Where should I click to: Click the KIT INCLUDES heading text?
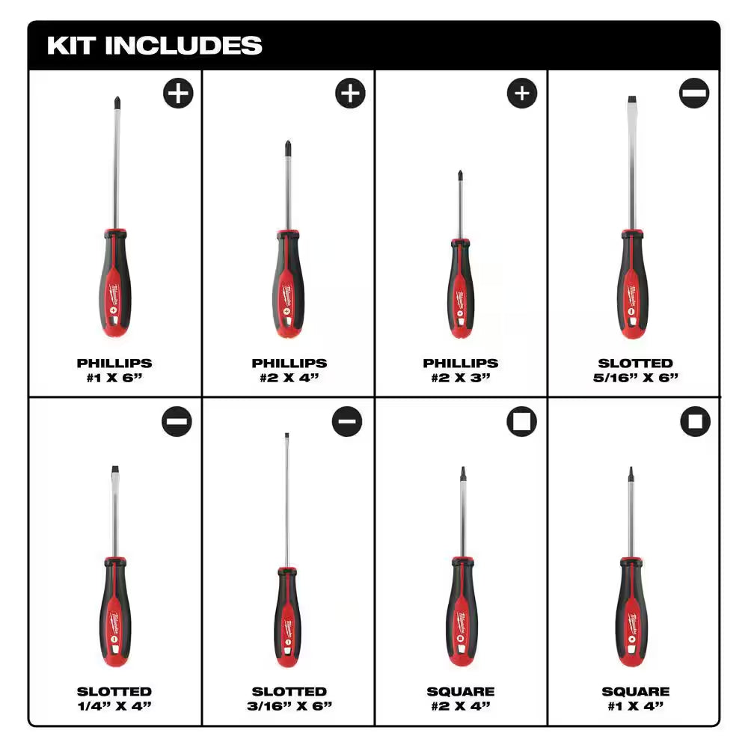155,46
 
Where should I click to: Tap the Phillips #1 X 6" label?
114,370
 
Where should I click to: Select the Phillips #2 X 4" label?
289,370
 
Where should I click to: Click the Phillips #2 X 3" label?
460,370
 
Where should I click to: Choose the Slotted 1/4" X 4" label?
114,698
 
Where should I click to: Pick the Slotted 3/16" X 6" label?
289,698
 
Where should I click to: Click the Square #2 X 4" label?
460,698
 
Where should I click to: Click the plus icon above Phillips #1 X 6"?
178,93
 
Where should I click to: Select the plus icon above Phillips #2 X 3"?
522,93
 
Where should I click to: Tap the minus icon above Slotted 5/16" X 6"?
695,93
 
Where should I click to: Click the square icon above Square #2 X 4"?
522,422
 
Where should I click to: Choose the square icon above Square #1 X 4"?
695,422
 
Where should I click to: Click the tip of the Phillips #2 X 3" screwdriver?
460,174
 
